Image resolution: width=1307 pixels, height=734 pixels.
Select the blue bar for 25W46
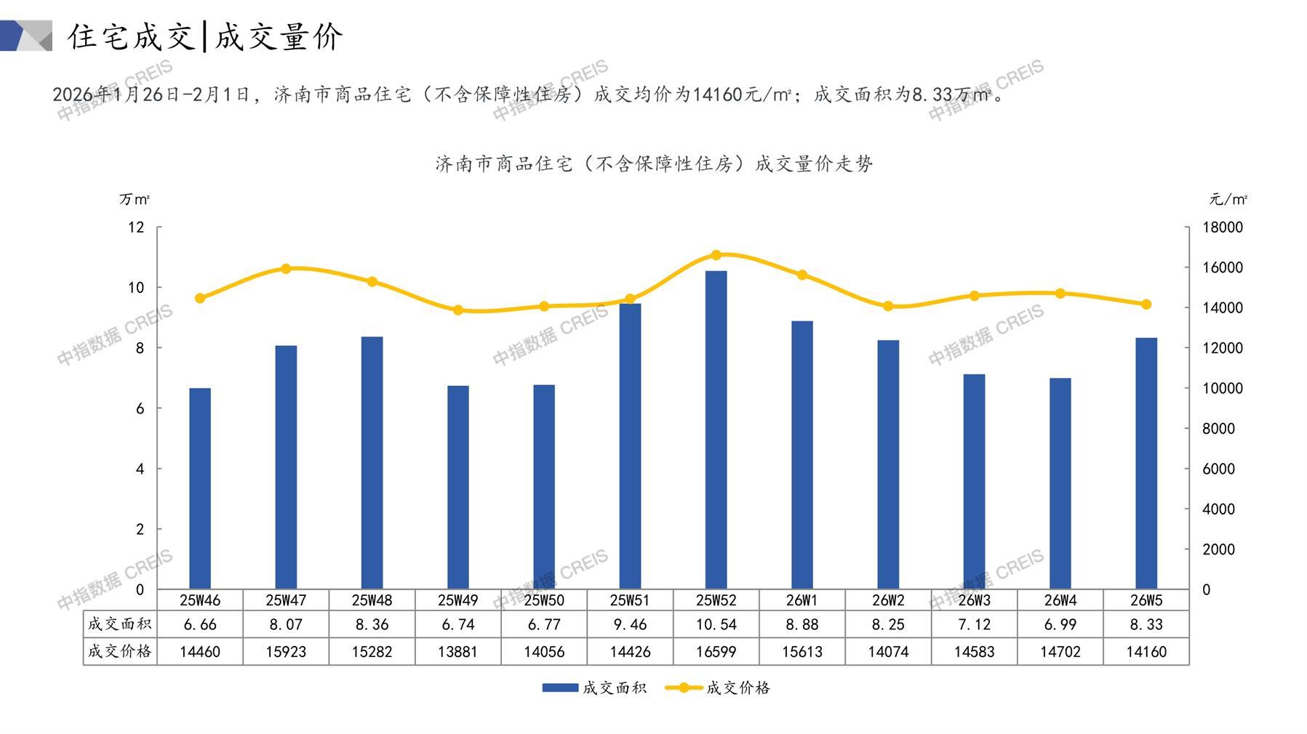tap(200, 488)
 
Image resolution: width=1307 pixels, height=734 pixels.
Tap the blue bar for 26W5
tap(1146, 464)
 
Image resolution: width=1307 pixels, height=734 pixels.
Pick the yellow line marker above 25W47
tap(286, 269)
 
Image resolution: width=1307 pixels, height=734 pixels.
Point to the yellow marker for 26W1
tap(802, 275)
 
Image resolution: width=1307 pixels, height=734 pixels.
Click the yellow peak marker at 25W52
tap(716, 255)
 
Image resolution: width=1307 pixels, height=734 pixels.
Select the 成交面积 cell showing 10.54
tap(716, 624)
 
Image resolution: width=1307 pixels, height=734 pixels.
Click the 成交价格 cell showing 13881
tap(457, 652)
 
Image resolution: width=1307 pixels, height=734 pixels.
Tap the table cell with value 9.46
tap(630, 624)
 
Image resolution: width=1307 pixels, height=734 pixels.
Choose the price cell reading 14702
tap(1060, 652)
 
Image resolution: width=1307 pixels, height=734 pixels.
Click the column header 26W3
tap(974, 600)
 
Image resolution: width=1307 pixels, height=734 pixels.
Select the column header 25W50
tap(544, 600)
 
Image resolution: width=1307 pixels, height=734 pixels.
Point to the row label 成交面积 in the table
tap(119, 624)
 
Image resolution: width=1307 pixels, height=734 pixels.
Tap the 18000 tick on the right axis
tap(1223, 227)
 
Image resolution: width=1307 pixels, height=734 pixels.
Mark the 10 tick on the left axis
tap(136, 288)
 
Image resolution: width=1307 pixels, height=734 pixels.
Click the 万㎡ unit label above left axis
tap(135, 199)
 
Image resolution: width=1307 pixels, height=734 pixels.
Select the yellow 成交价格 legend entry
tap(718, 687)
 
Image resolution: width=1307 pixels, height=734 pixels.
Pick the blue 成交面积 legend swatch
tap(560, 687)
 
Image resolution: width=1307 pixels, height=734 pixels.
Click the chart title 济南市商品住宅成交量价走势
tap(654, 164)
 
